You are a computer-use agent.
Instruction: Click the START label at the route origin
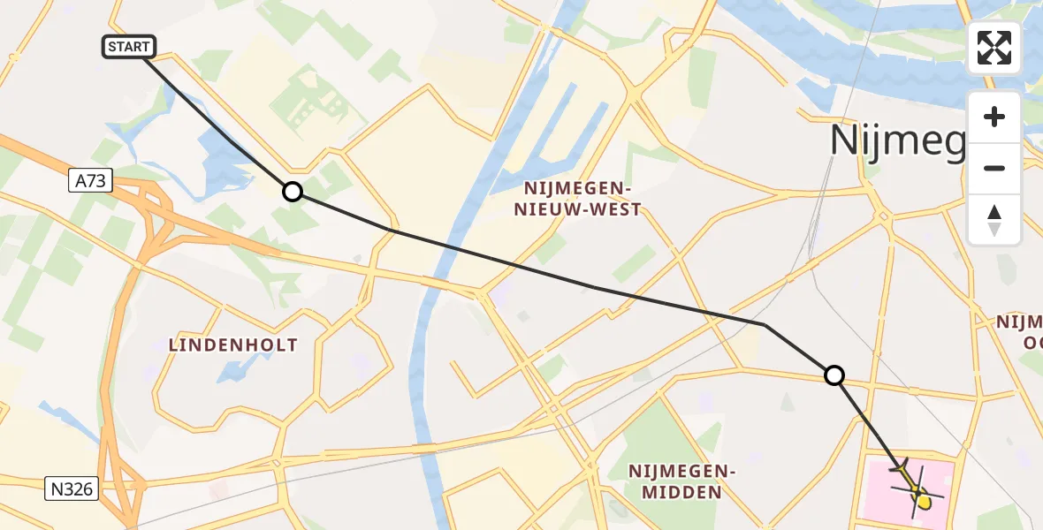pyautogui.click(x=130, y=47)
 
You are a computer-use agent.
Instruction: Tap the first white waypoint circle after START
pyautogui.click(x=292, y=192)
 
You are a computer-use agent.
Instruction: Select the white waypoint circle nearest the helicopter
pyautogui.click(x=834, y=375)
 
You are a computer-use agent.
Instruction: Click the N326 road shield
pyautogui.click(x=68, y=487)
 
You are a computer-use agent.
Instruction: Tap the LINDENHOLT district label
pyautogui.click(x=233, y=345)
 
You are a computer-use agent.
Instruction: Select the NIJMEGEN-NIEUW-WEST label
pyautogui.click(x=582, y=199)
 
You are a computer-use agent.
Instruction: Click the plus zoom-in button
pyautogui.click(x=994, y=117)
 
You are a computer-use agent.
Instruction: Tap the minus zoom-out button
pyautogui.click(x=994, y=168)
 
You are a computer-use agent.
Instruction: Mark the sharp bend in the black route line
pyautogui.click(x=765, y=325)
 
